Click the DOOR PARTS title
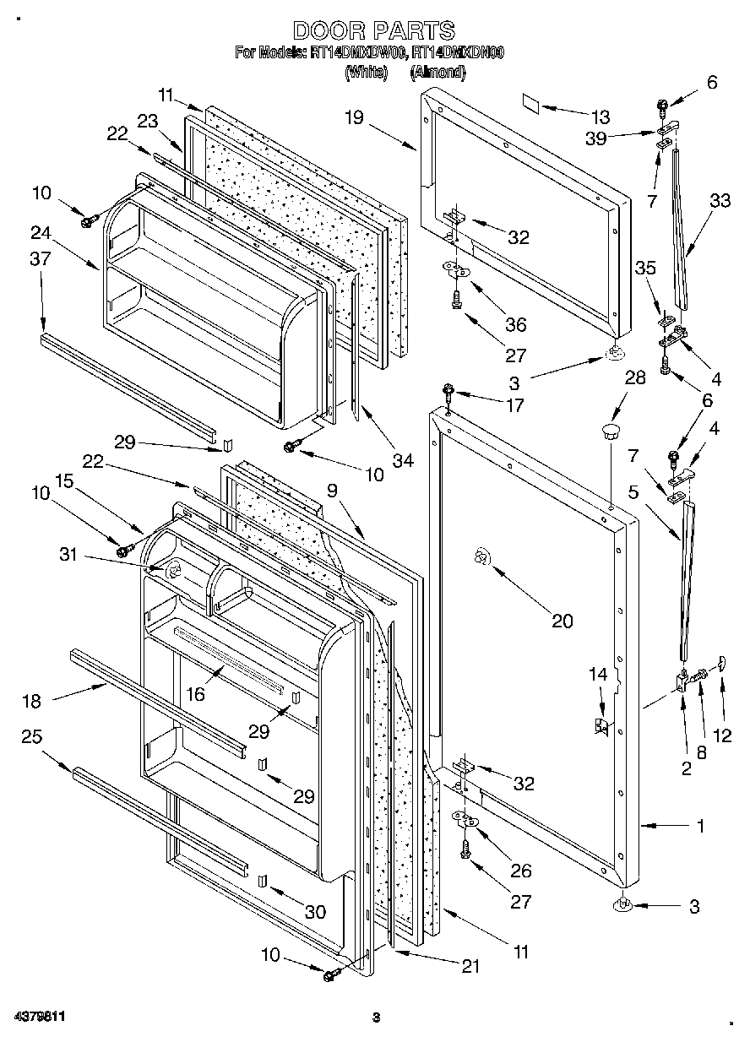tap(373, 31)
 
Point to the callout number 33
tap(720, 201)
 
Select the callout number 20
tap(562, 621)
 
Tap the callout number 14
tap(598, 674)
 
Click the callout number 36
tap(515, 324)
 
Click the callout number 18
tap(31, 699)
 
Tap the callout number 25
tap(31, 737)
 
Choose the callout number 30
tap(314, 911)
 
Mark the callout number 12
tap(722, 735)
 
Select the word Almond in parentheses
tap(437, 73)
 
